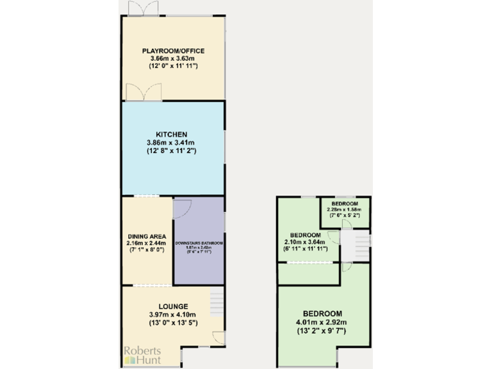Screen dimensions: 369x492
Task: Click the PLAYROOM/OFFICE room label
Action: [173, 51]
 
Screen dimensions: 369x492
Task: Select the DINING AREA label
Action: [147, 235]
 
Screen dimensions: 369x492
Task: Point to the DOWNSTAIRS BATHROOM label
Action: [200, 244]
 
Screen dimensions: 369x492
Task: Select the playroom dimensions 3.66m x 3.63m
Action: [173, 58]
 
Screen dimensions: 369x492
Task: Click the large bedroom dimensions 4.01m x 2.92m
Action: [324, 323]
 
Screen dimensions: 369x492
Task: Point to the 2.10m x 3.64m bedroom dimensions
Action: [306, 242]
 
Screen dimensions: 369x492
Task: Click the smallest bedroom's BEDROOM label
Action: [345, 203]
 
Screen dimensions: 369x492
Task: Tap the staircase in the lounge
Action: [217, 298]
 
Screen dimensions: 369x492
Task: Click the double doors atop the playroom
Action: [142, 9]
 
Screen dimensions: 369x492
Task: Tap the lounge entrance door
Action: [218, 338]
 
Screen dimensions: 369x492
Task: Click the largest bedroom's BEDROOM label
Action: [324, 314]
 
